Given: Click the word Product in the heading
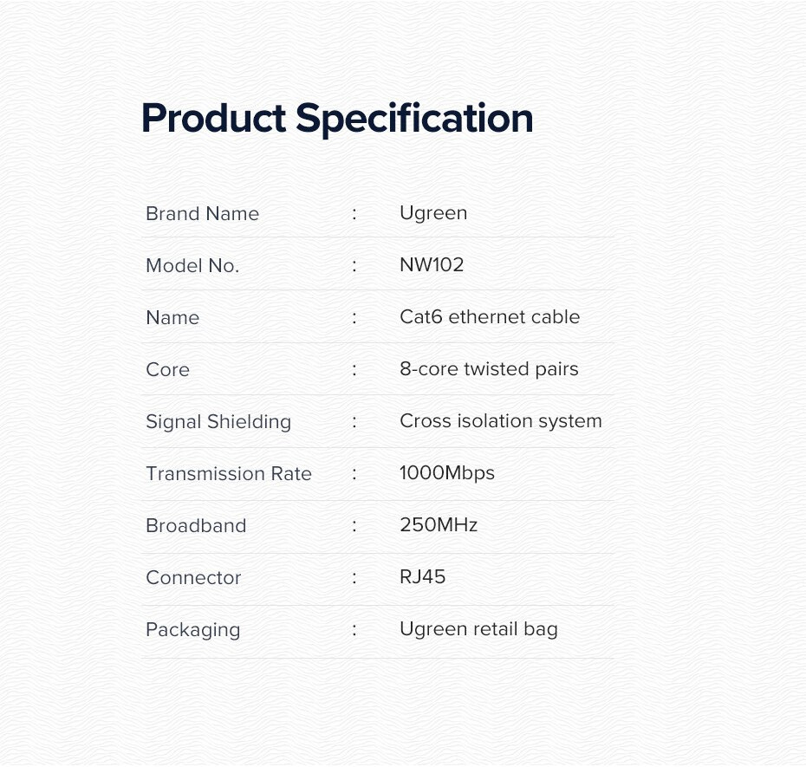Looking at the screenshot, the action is [x=213, y=118].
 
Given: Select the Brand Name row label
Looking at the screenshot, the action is [x=203, y=213].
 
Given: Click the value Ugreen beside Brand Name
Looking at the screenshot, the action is [x=433, y=213].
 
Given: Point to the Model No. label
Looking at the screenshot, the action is [x=192, y=266].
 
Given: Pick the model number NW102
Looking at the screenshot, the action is [x=432, y=264].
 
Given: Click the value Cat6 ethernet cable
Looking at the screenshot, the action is [x=490, y=316].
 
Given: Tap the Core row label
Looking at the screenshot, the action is [x=167, y=369].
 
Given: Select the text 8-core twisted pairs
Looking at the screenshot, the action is [x=490, y=369].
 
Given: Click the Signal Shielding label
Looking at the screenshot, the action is [x=218, y=422].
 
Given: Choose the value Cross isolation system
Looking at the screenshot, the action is [x=501, y=421].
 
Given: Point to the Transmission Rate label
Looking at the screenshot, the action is [x=229, y=473].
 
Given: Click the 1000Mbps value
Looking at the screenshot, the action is [x=447, y=473].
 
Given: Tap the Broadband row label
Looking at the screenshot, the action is [x=197, y=525].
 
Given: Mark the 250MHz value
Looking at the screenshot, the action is [x=439, y=525].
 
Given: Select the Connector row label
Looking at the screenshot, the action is [x=194, y=578].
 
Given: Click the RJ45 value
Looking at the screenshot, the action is [x=423, y=577].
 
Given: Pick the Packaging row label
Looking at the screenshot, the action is [x=193, y=630].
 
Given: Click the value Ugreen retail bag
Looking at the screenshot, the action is [x=478, y=629].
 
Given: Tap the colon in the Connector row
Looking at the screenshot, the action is [x=354, y=578].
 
